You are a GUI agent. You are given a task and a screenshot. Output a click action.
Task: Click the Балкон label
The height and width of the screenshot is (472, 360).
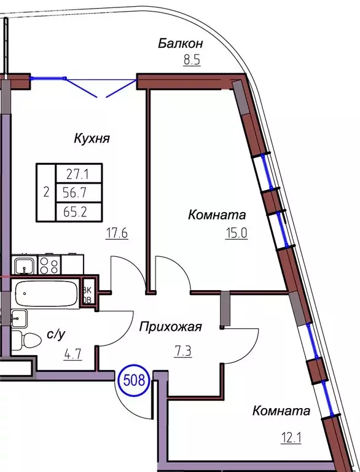point(180,44)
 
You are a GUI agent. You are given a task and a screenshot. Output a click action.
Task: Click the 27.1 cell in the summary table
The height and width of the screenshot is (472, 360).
point(79,174)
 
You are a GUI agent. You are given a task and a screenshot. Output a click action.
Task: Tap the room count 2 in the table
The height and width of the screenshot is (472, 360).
point(46,193)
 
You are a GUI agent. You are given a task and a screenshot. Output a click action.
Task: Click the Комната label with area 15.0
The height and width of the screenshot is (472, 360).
point(217,215)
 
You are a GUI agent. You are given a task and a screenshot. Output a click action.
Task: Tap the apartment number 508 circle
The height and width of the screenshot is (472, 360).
point(134,380)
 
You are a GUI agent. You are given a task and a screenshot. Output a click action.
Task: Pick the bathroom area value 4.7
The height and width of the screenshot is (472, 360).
point(57,354)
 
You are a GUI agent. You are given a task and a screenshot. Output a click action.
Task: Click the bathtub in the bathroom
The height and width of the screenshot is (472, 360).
point(46,294)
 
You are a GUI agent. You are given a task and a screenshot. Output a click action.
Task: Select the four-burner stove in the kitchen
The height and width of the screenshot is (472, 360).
point(50,265)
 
